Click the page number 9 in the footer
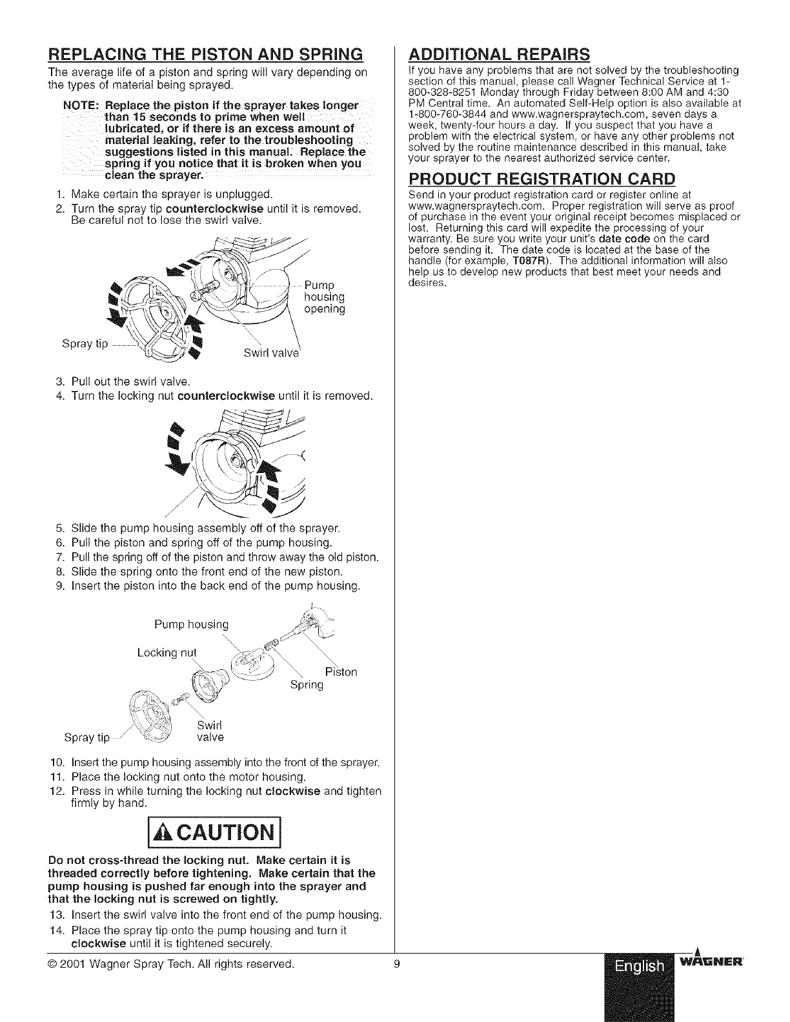pos(398,964)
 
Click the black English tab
pos(639,967)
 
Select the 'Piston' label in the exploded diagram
pos(341,672)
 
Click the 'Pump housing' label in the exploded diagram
pos(191,624)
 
